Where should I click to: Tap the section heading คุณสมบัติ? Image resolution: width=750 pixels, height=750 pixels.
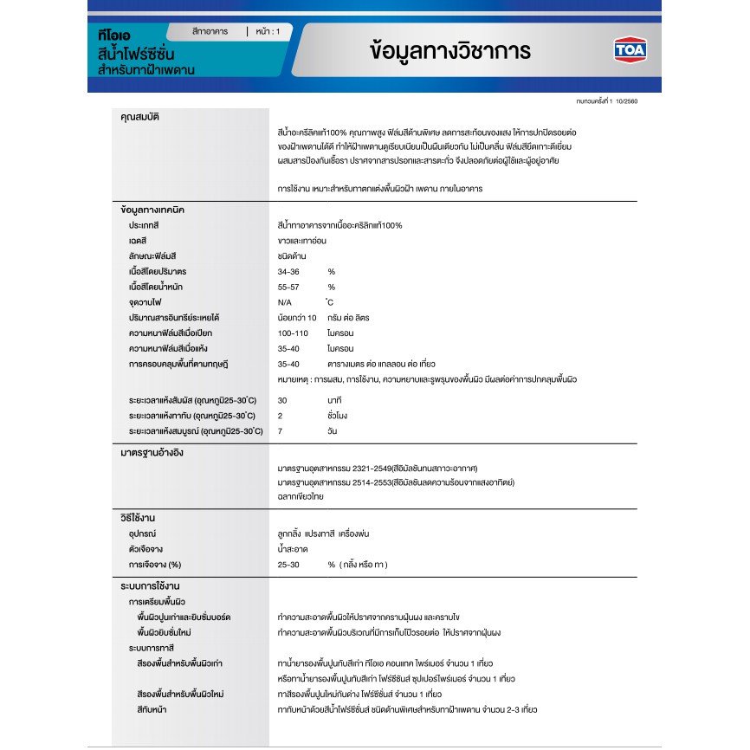pyautogui.click(x=139, y=116)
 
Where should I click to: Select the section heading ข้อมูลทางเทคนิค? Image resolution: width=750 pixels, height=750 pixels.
pyautogui.click(x=152, y=210)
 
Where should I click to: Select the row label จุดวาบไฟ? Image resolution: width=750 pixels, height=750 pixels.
pyautogui.click(x=145, y=302)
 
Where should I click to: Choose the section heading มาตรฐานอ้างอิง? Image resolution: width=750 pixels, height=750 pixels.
pyautogui.click(x=152, y=453)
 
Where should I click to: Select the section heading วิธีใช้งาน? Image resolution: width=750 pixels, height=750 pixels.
pyautogui.click(x=139, y=518)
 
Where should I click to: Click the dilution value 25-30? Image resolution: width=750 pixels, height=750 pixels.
pyautogui.click(x=288, y=565)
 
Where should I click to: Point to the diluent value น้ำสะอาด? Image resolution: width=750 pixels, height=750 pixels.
pyautogui.click(x=294, y=549)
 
